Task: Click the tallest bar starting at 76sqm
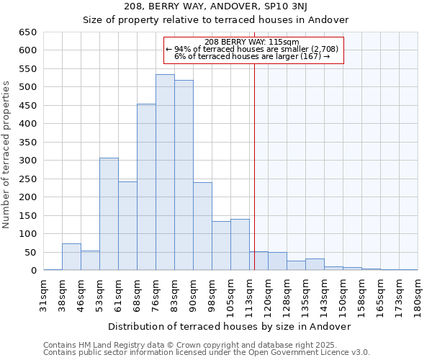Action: pyautogui.click(x=165, y=173)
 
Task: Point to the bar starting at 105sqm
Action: pyautogui.click(x=240, y=245)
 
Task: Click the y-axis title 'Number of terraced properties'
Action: pyautogui.click(x=7, y=155)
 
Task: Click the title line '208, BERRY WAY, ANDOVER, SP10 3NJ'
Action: pyautogui.click(x=216, y=7)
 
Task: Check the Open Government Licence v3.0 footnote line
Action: pyautogui.click(x=207, y=352)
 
